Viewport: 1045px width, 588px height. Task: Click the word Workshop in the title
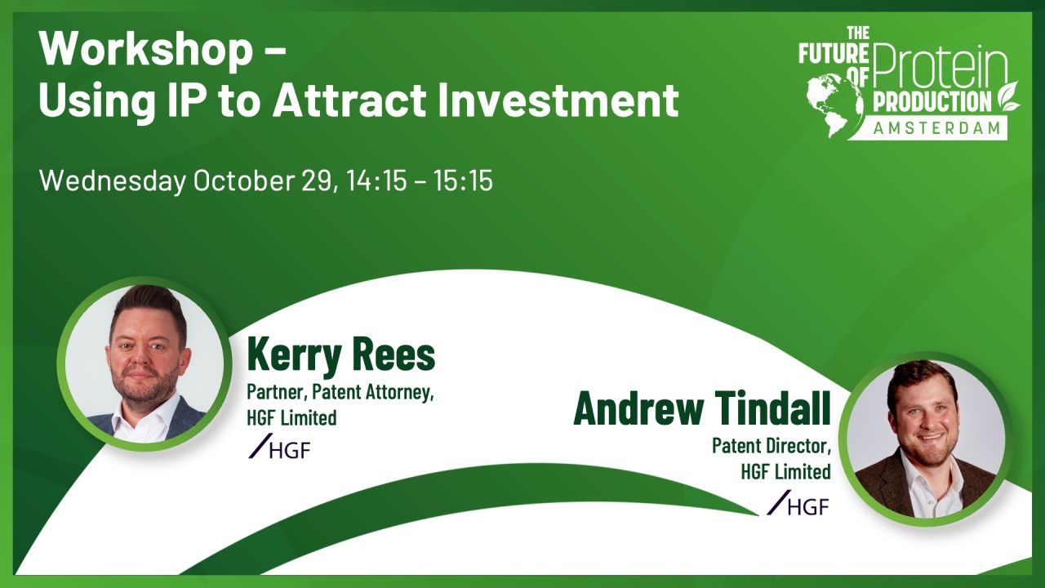point(146,51)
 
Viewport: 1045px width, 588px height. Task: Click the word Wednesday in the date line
point(112,180)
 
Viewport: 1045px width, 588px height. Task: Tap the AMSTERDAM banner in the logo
point(936,127)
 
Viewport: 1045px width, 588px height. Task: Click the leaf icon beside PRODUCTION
point(1009,96)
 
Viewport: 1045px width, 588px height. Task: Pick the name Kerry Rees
point(341,355)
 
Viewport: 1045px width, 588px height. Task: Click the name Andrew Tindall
point(701,408)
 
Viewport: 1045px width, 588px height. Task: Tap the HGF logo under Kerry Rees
point(280,448)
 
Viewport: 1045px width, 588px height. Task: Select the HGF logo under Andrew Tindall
point(798,504)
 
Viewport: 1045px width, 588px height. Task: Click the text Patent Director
point(771,446)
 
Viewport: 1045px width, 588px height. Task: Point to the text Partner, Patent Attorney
point(340,392)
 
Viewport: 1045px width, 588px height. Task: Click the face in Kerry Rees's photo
point(145,355)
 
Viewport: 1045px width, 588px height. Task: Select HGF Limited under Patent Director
point(785,471)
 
